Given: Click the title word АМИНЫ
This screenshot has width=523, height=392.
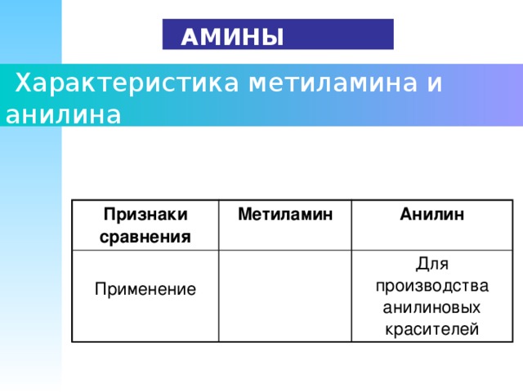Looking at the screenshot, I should tap(232, 37).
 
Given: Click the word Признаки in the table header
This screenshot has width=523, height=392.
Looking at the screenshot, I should tap(145, 214).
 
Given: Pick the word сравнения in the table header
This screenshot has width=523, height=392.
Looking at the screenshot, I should tap(145, 238).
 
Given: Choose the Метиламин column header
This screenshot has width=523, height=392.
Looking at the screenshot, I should tap(284, 215).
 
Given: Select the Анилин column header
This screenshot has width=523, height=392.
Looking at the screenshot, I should tap(432, 215).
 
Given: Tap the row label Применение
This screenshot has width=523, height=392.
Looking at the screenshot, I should tap(145, 289).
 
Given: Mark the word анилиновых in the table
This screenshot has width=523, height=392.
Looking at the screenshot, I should tap(431, 308).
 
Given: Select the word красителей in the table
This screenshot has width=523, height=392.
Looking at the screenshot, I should tap(431, 329).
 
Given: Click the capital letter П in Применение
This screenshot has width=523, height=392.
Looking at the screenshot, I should tap(100, 289).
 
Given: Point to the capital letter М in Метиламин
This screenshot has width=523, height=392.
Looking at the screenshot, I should tap(243, 215).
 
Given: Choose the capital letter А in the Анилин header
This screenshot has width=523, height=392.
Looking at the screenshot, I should tap(405, 215).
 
